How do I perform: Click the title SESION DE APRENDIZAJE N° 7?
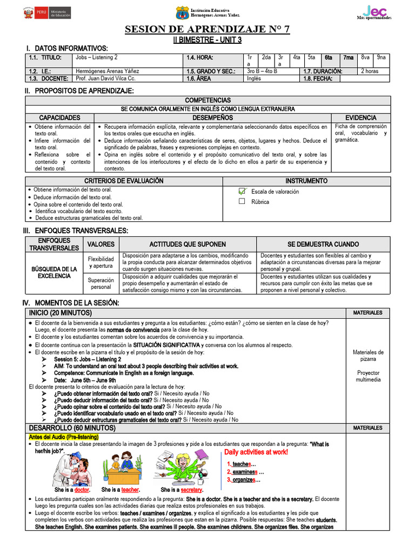[207, 29]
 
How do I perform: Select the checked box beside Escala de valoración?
[242, 192]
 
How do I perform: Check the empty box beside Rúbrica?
[242, 202]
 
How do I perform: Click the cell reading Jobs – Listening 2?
[97, 57]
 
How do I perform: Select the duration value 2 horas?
[370, 71]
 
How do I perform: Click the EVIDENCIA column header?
[361, 117]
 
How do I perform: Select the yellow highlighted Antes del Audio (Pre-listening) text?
[64, 437]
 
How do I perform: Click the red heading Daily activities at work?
[256, 452]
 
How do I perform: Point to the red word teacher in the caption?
[130, 490]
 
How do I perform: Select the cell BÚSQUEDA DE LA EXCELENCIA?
[54, 272]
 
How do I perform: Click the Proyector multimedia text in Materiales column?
[368, 376]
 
